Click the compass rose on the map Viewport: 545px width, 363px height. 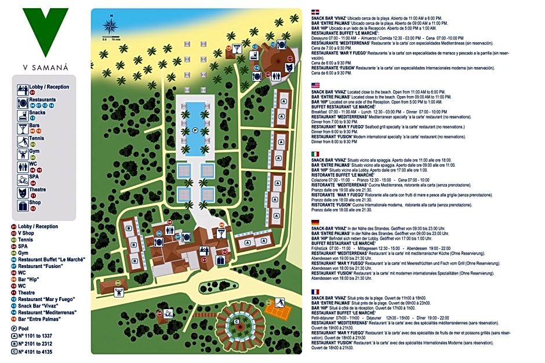(110, 25)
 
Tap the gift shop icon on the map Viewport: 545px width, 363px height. (220, 261)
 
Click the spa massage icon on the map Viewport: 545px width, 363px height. (168, 314)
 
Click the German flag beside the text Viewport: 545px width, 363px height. (315, 222)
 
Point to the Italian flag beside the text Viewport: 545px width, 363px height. (315, 153)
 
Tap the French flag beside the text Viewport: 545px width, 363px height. (315, 291)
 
